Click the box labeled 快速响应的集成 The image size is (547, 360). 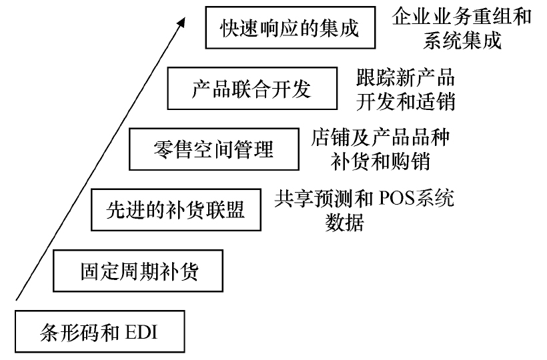tap(290, 27)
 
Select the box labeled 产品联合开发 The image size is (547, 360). tap(251, 87)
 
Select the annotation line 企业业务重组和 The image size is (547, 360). tap(462, 16)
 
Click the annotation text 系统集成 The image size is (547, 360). tap(462, 39)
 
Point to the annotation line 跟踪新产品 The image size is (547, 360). tap(405, 77)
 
